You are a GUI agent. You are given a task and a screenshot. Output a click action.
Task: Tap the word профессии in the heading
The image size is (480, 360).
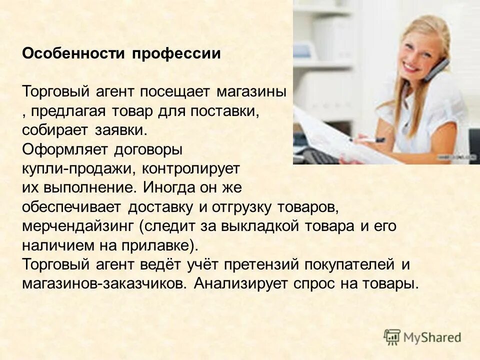pos(176,54)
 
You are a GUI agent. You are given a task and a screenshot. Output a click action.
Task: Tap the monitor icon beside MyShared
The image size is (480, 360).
pos(392,337)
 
